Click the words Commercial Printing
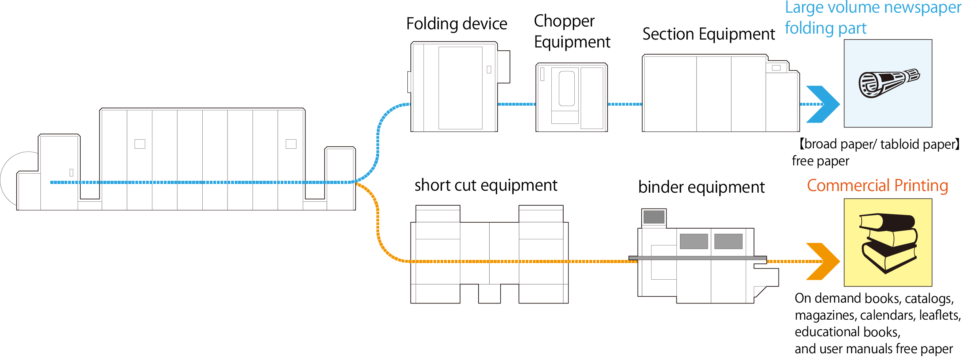tap(878, 186)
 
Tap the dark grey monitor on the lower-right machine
tap(654, 217)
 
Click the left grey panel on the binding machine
tap(693, 241)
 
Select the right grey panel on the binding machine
tap(728, 241)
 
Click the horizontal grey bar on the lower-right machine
tap(697, 258)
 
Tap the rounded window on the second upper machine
tap(566, 89)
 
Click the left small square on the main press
tap(140, 144)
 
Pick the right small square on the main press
tap(291, 144)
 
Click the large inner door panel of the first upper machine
tap(460, 88)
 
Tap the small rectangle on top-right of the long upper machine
tap(776, 68)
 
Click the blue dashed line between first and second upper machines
tap(517, 104)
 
